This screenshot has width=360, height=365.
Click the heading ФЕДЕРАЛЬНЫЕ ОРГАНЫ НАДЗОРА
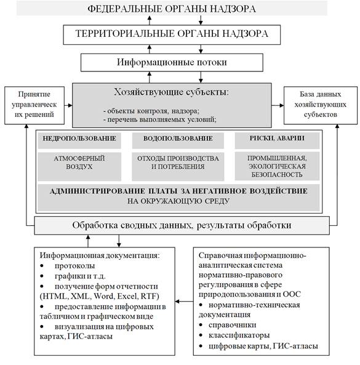(x=172, y=9)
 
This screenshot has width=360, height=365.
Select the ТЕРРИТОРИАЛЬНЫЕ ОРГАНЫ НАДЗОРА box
(x=172, y=34)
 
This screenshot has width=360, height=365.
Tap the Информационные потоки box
(x=172, y=63)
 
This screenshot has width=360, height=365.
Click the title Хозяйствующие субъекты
(x=172, y=92)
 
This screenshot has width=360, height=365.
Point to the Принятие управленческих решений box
(x=34, y=105)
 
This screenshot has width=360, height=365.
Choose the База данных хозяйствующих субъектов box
(x=321, y=105)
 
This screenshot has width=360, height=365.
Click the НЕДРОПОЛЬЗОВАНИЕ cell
(x=79, y=140)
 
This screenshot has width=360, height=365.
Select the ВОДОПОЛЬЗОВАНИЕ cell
(x=178, y=140)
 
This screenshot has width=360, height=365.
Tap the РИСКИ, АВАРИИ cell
(x=277, y=140)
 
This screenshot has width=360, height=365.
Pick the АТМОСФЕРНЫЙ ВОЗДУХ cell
(x=79, y=166)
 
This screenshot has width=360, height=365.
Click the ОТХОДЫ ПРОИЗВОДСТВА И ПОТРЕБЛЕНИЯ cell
(x=178, y=166)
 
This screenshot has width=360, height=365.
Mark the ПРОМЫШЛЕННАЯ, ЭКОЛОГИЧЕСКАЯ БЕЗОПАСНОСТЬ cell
(x=277, y=166)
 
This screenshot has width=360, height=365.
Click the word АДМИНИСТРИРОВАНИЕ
(x=97, y=191)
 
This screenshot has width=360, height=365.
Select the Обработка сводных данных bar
(x=182, y=225)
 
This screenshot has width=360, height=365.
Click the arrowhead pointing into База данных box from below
(x=337, y=126)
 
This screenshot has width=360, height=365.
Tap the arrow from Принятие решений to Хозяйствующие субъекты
(x=68, y=105)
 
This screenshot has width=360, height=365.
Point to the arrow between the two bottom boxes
(x=184, y=302)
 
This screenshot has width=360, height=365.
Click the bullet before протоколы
(x=42, y=266)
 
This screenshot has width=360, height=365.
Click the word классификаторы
(x=239, y=335)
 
